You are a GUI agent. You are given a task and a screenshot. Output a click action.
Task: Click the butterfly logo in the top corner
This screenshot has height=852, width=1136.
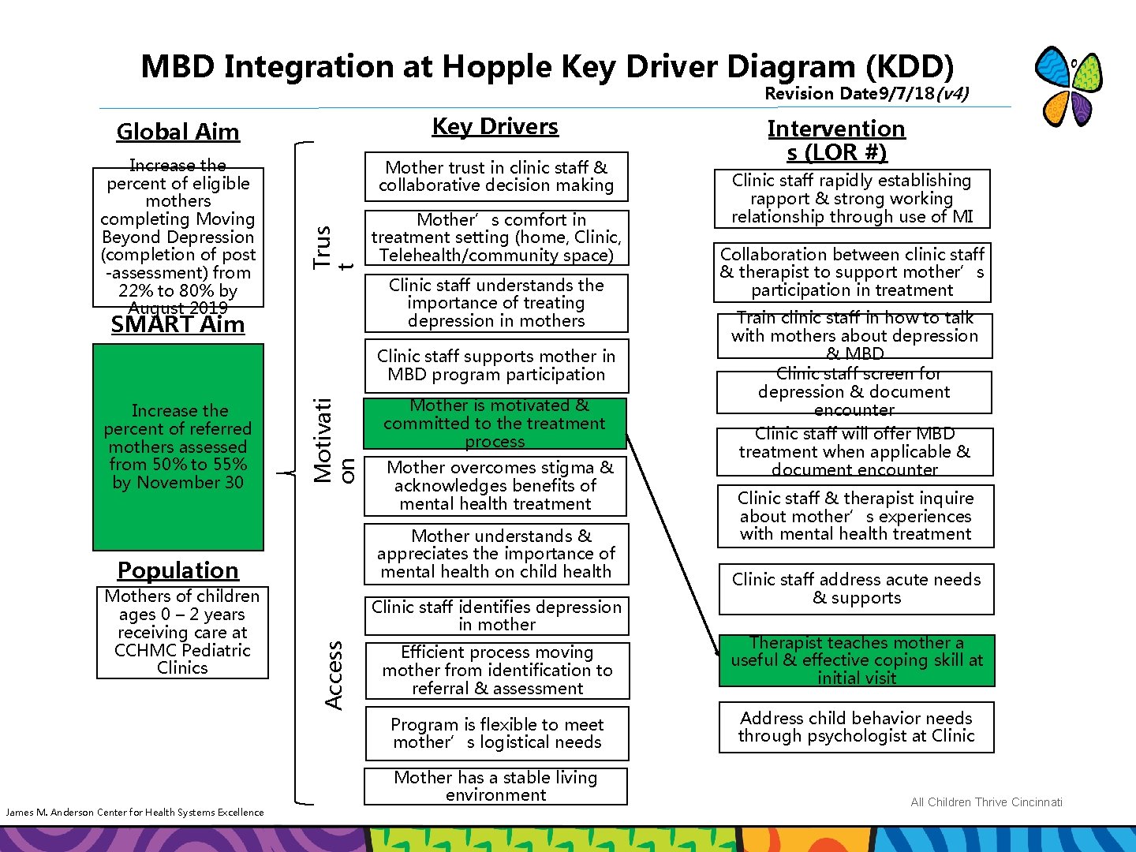[x=1068, y=86]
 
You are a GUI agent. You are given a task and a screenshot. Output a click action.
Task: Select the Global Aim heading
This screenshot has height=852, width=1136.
[x=177, y=132]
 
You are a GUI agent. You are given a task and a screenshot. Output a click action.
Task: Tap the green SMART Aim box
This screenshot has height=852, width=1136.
[x=178, y=447]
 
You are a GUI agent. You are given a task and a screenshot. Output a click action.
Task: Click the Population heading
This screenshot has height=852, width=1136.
[x=177, y=570]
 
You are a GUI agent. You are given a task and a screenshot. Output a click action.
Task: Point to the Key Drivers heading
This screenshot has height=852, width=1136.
[x=495, y=126]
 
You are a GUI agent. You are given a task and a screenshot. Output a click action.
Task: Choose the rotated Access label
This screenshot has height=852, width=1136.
[x=334, y=674]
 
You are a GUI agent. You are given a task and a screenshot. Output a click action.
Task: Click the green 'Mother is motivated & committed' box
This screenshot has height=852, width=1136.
[x=495, y=424]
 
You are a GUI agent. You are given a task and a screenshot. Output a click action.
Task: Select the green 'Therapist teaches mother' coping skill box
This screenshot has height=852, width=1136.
[x=857, y=660]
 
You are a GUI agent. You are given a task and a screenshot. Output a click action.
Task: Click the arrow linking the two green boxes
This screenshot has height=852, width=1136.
[x=672, y=544]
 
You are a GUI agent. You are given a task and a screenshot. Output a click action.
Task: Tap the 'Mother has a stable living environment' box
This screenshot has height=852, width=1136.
[x=495, y=786]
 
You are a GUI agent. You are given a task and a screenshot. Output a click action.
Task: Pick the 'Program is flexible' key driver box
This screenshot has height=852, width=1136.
[x=497, y=733]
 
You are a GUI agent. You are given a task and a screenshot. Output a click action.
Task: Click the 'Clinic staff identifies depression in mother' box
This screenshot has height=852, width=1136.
[x=497, y=615]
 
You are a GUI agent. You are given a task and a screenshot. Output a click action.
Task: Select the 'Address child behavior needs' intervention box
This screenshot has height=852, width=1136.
[x=856, y=727]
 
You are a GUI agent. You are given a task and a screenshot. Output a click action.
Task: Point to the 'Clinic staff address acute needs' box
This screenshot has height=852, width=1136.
[x=856, y=589]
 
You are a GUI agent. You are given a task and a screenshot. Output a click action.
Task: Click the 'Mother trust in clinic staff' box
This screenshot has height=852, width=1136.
[x=496, y=176]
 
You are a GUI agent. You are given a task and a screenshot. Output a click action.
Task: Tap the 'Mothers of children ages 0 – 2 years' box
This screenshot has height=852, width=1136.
[x=182, y=632]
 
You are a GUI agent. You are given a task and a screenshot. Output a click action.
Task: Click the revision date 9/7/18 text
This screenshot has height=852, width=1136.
[x=866, y=94]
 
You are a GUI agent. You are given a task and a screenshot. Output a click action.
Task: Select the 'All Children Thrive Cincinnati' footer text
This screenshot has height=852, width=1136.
[x=986, y=802]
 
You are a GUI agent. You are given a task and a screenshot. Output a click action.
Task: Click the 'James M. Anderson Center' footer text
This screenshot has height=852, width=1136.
[x=135, y=812]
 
